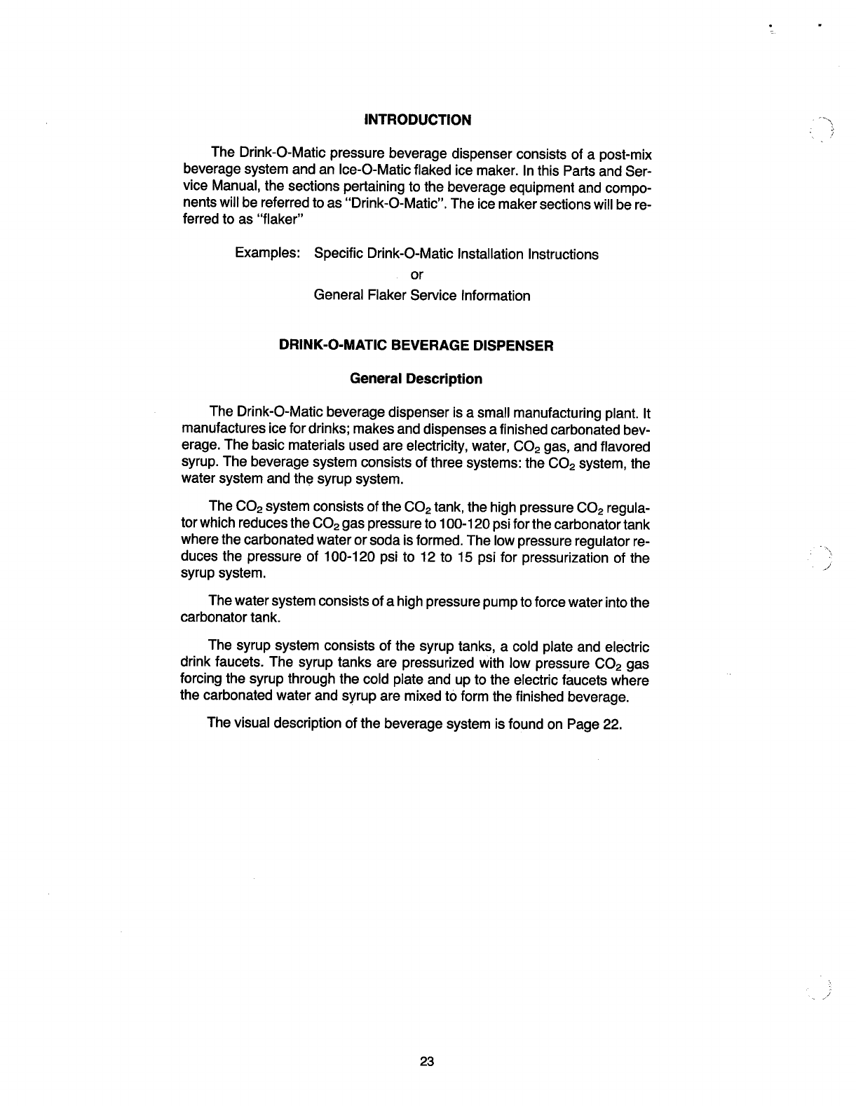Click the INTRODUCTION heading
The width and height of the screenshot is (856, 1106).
coord(418,120)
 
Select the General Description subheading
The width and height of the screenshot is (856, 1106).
coord(416,379)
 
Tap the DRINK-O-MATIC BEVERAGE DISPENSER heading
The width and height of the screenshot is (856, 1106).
coord(416,346)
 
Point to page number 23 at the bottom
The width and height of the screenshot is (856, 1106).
coord(427,1061)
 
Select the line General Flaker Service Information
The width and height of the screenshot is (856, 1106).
coord(422,296)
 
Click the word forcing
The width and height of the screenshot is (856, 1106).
coord(202,680)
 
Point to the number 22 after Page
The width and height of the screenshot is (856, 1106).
coord(611,724)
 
